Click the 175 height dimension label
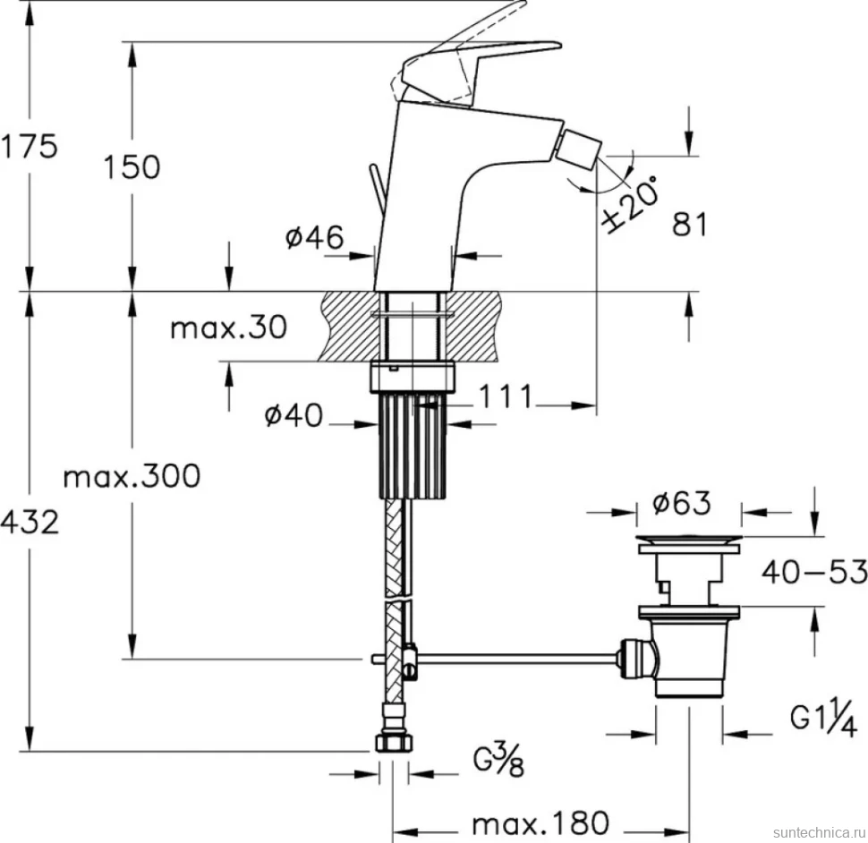tap(29, 147)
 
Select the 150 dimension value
tap(132, 166)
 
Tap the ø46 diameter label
tap(314, 237)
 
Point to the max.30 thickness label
tap(228, 328)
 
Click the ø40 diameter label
tap(293, 415)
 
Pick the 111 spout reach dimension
tap(505, 396)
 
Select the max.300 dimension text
tap(132, 476)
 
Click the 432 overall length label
tap(30, 523)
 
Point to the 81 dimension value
tap(690, 225)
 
